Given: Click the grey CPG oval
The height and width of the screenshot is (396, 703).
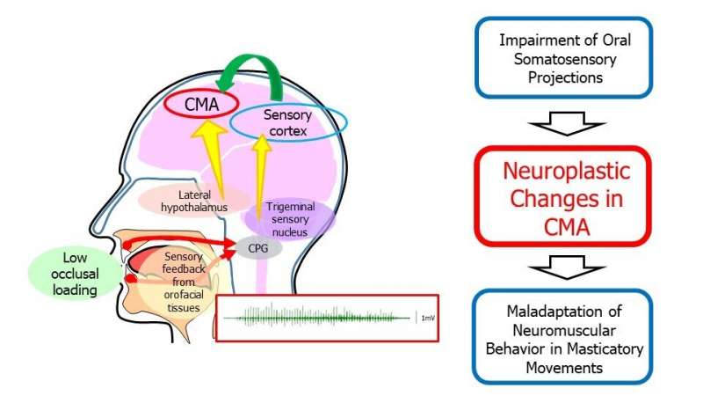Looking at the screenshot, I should point(257,248).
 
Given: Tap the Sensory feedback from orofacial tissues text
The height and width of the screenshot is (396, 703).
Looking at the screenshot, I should point(183,282).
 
